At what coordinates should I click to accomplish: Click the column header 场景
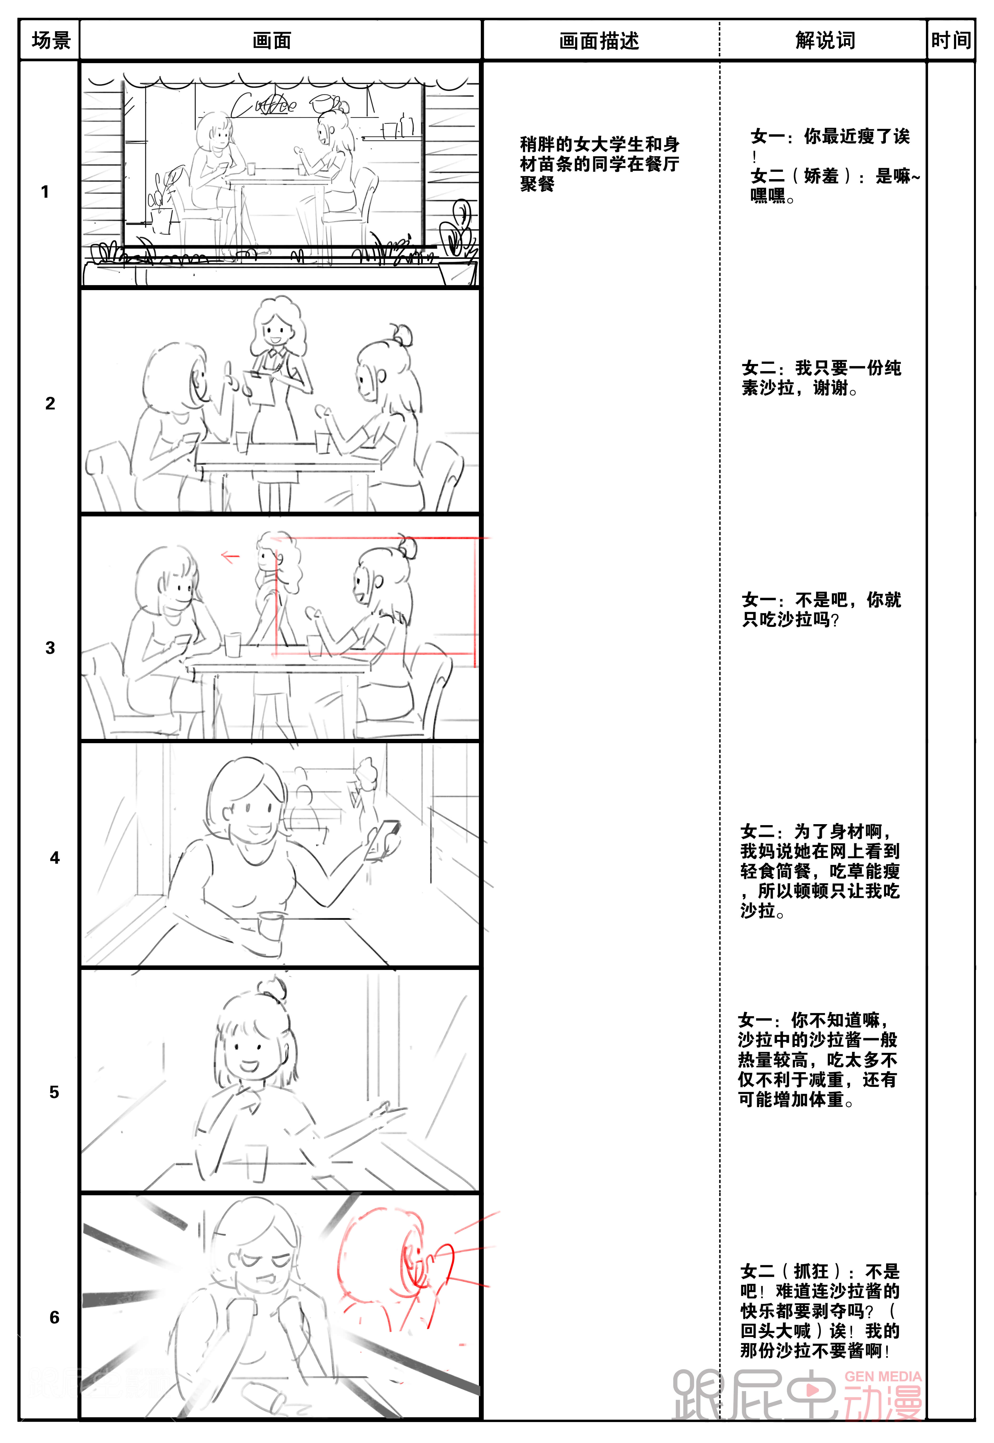coord(51,40)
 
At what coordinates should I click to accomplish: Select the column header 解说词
coord(825,40)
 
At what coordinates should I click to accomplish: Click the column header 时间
coord(951,40)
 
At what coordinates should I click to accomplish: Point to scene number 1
coord(45,192)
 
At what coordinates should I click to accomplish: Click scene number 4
coord(55,858)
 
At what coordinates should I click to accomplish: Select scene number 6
coord(55,1317)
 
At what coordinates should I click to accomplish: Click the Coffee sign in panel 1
coord(265,105)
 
